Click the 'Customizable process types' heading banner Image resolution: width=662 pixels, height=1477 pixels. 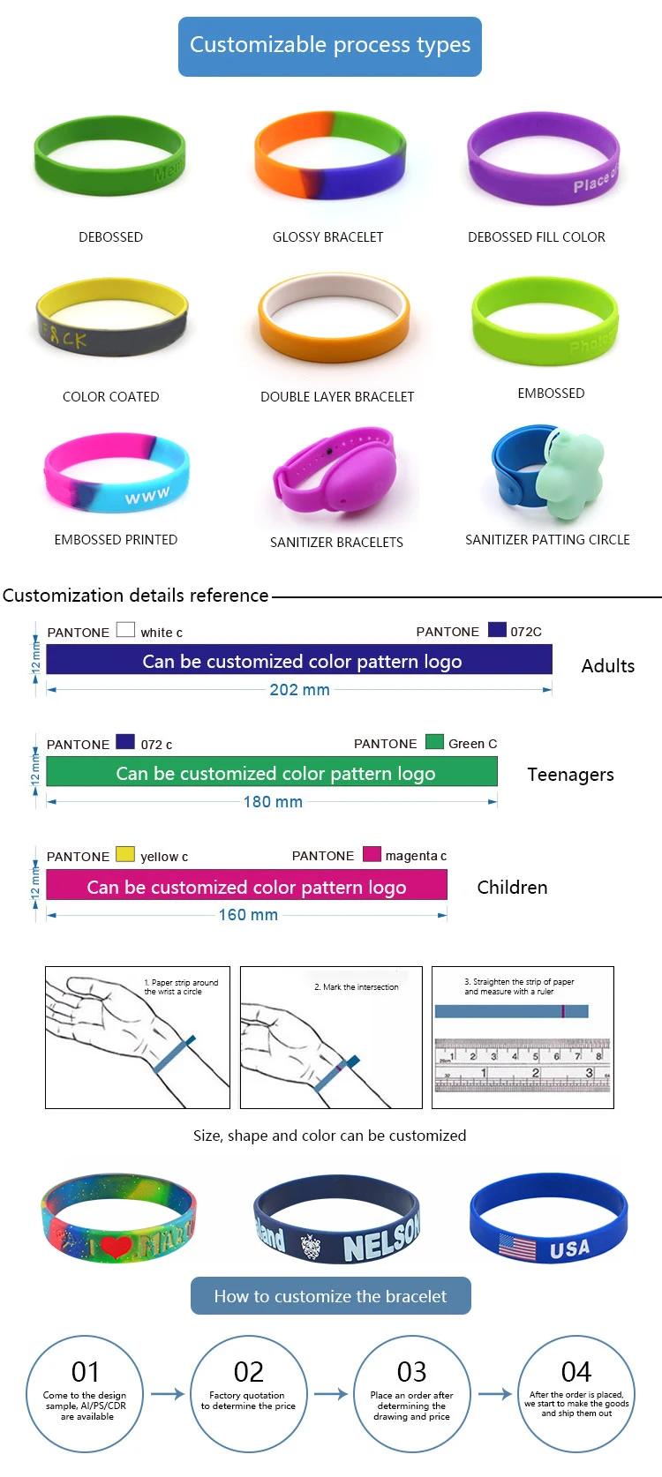(329, 46)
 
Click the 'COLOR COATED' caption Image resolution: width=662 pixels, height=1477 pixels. (110, 397)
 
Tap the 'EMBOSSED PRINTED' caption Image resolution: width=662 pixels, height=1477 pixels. (116, 540)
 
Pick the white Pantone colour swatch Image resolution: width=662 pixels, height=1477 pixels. (125, 630)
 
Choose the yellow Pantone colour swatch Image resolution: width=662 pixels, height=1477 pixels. (125, 854)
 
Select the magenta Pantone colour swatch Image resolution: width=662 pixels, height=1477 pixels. (372, 854)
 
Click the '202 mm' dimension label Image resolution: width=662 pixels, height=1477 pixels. (299, 690)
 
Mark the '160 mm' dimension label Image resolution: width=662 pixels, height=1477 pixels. (248, 915)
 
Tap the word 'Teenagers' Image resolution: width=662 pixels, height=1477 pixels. (570, 775)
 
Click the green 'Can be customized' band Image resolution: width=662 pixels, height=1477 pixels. (272, 773)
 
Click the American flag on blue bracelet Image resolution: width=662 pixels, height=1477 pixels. (517, 1248)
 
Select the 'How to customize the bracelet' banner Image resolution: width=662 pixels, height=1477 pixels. (330, 1296)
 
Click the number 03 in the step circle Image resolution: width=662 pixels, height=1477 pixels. (411, 1372)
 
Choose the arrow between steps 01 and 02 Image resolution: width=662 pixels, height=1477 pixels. (167, 1394)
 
